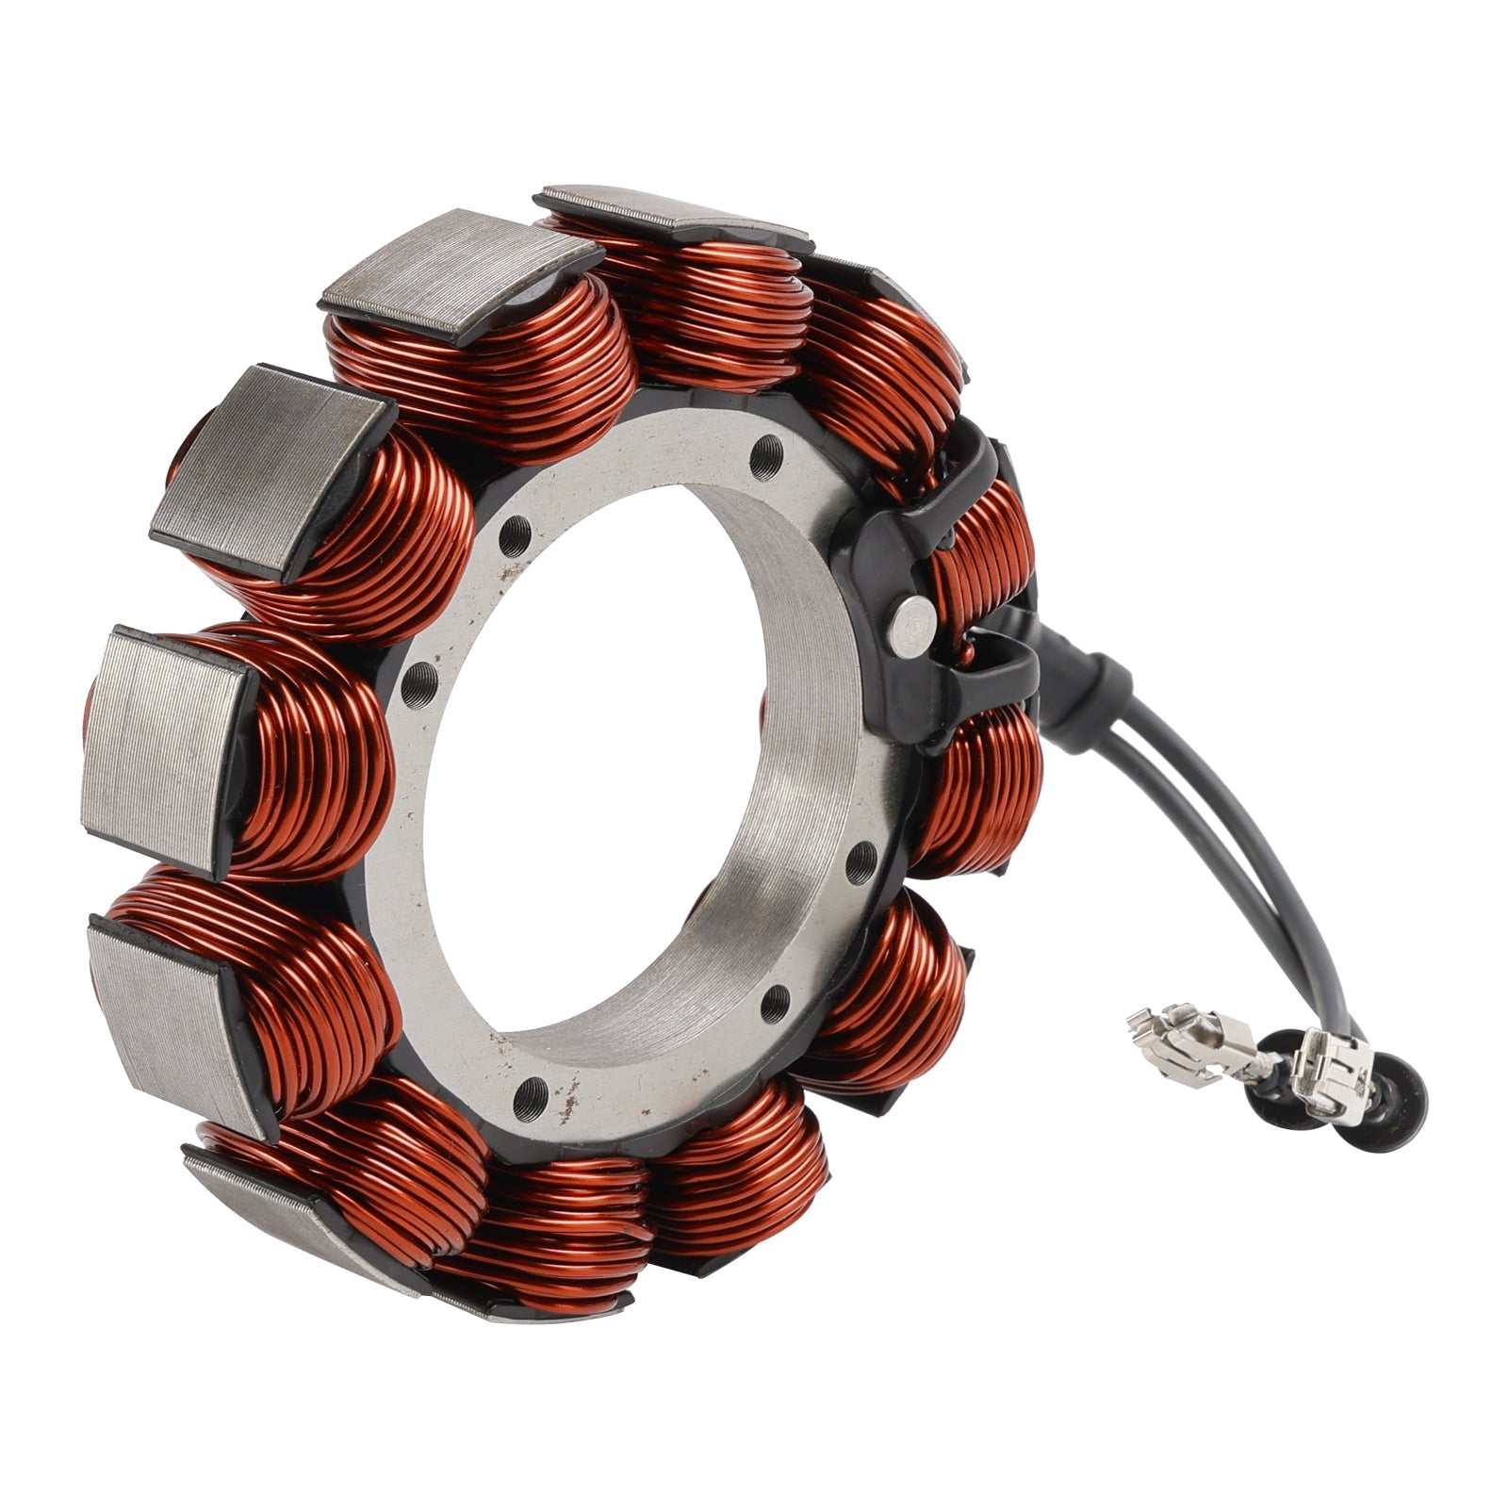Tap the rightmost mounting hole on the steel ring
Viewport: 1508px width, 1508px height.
(860, 861)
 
